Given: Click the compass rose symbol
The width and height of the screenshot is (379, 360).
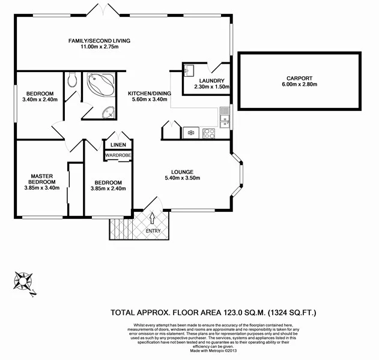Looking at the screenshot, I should coord(25,281).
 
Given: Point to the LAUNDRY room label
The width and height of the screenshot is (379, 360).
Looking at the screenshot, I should coord(210,81).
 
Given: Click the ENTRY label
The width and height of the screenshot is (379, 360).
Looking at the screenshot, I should coord(154,230).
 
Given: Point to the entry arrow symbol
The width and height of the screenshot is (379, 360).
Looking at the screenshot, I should coord(152,217).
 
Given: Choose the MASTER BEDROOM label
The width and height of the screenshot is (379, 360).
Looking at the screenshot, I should coord(43,179).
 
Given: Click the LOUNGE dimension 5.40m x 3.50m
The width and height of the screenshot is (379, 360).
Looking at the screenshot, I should coord(182,178).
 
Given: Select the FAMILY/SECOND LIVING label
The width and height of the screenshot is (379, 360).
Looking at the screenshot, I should coord(99,41).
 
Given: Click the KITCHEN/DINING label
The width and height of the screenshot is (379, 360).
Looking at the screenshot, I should coord(150,94).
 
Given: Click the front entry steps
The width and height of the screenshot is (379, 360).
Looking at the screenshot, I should coord(119,228).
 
